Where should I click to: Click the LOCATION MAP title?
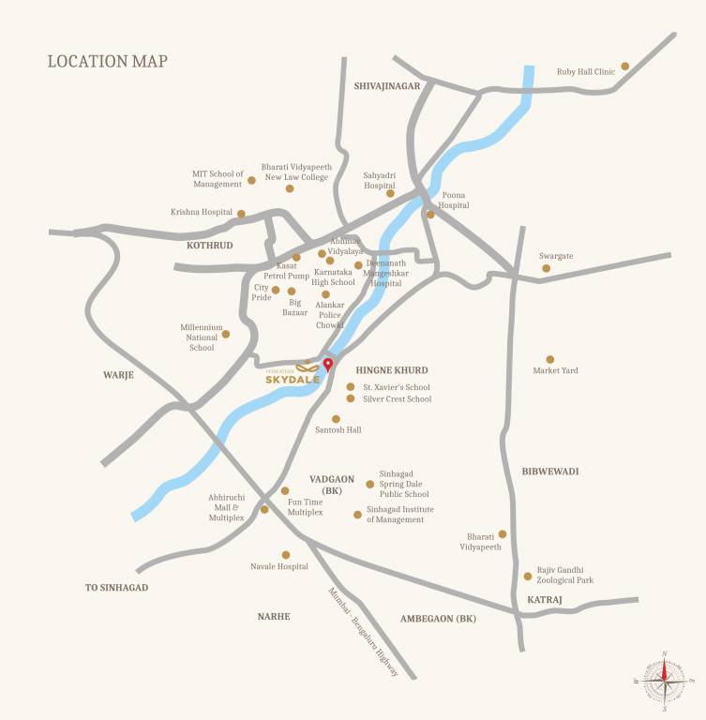[x=107, y=62]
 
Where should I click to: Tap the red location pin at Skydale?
[x=327, y=365]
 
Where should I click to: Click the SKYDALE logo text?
[x=293, y=379]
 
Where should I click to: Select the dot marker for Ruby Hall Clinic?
[x=625, y=66]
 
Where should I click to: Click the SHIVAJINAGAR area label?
[x=387, y=85]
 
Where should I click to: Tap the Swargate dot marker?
[x=547, y=268]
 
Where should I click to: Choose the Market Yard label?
[x=555, y=370]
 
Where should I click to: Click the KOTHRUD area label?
[x=209, y=245]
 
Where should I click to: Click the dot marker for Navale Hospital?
[x=286, y=555]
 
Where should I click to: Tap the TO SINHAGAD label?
[x=117, y=587]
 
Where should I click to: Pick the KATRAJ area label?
[x=544, y=598]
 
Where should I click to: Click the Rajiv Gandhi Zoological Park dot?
[x=528, y=576]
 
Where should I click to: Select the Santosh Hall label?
[x=338, y=430]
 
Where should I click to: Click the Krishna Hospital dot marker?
[x=241, y=214]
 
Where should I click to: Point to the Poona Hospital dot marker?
[x=430, y=215]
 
